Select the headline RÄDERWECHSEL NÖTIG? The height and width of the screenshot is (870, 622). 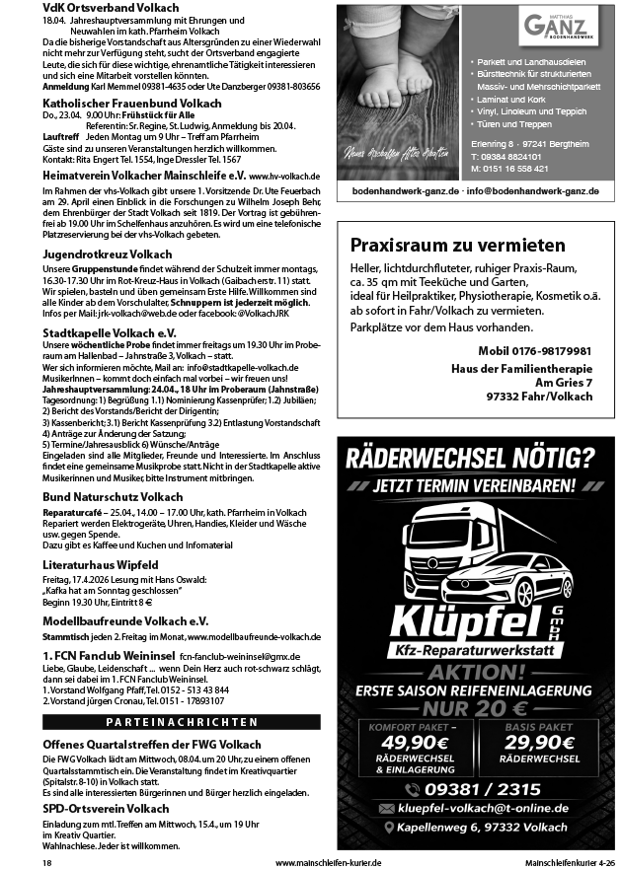470,456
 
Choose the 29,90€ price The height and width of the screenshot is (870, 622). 533,742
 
